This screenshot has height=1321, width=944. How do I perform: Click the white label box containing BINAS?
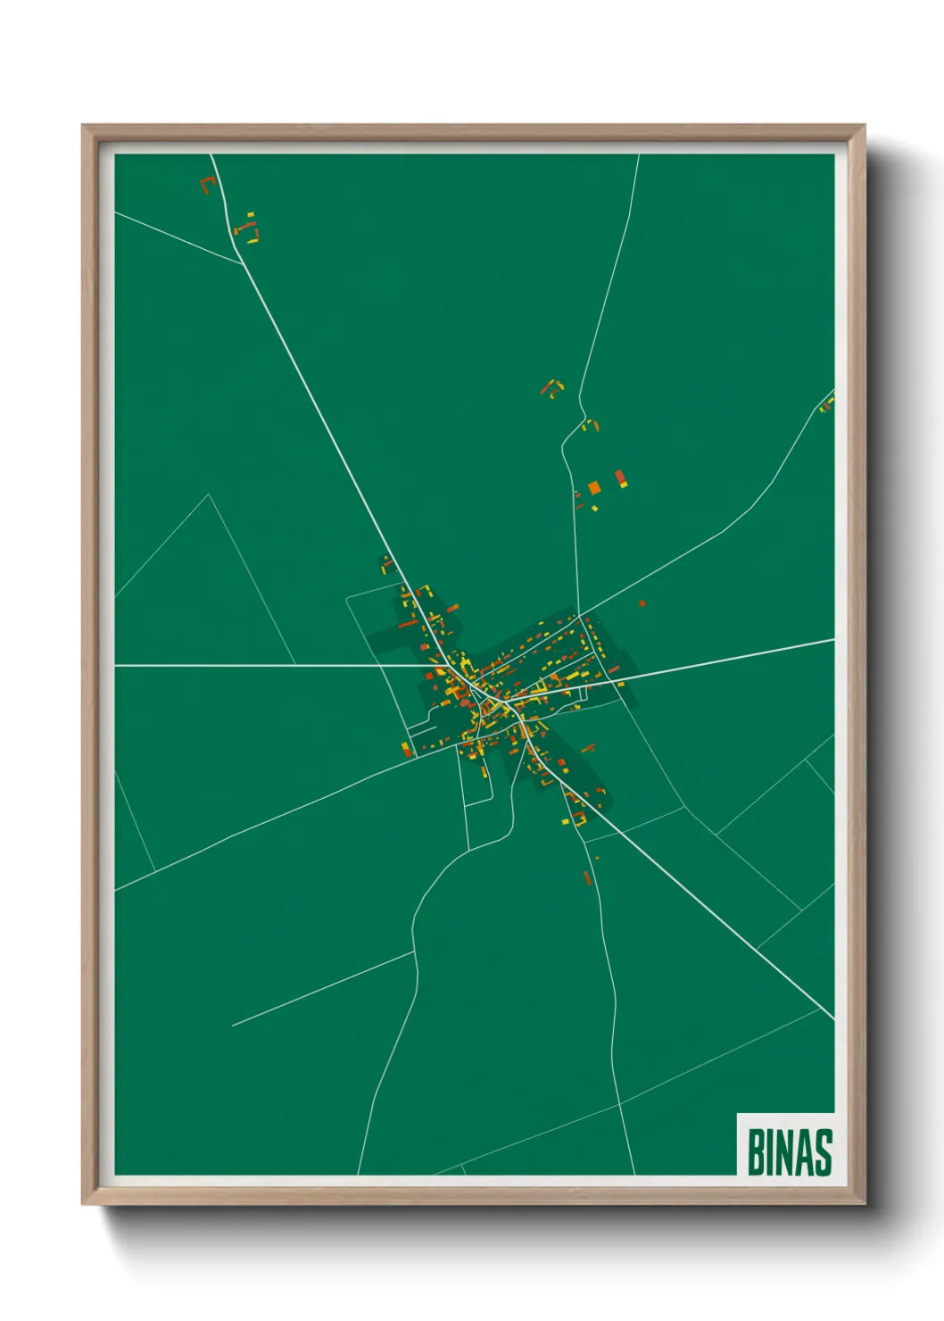pyautogui.click(x=785, y=1144)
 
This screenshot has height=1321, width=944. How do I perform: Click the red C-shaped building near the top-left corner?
pyautogui.click(x=208, y=185)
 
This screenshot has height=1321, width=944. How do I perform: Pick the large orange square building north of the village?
pyautogui.click(x=593, y=487)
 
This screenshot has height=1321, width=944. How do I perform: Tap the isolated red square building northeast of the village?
pyautogui.click(x=642, y=603)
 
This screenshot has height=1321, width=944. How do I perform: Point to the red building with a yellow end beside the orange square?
pyautogui.click(x=621, y=478)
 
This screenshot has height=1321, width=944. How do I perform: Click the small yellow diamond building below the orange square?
pyautogui.click(x=594, y=508)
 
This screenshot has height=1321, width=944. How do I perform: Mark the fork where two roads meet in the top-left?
pyautogui.click(x=243, y=263)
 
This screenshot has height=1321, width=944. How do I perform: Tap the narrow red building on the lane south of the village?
pyautogui.click(x=587, y=877)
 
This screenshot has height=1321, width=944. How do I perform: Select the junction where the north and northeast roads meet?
pyautogui.click(x=581, y=615)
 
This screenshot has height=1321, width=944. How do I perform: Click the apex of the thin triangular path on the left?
pyautogui.click(x=209, y=494)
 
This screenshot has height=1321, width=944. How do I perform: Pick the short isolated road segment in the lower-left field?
pyautogui.click(x=323, y=988)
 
